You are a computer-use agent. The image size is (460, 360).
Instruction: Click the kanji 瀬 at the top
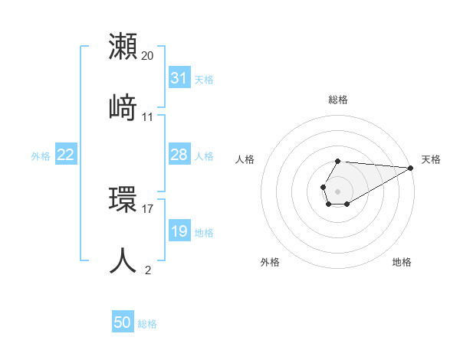click(123, 47)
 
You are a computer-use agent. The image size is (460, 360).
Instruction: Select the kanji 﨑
click(123, 108)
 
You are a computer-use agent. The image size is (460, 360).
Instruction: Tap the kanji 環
click(123, 200)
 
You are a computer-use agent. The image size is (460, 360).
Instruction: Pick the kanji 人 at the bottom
click(123, 260)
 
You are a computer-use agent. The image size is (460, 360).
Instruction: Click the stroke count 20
click(148, 56)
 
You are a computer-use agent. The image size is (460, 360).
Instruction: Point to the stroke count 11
click(148, 117)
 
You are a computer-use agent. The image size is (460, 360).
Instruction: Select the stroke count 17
click(148, 208)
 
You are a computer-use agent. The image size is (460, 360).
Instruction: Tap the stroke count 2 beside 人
click(148, 270)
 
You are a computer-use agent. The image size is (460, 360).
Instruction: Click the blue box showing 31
click(179, 78)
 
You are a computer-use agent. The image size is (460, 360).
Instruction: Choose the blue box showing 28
click(179, 155)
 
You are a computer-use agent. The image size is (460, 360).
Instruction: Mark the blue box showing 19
click(179, 231)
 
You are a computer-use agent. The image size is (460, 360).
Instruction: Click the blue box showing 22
click(66, 155)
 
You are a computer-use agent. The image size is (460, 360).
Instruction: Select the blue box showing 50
click(123, 323)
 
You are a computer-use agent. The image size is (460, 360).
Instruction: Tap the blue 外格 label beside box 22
click(41, 156)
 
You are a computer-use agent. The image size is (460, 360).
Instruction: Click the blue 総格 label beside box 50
click(147, 324)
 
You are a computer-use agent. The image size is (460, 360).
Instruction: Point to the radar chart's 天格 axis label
click(431, 159)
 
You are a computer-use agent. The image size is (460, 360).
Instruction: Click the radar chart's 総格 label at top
click(337, 100)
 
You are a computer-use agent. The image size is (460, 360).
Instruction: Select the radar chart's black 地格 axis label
click(402, 263)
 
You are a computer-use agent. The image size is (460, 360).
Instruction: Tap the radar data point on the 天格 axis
click(410, 169)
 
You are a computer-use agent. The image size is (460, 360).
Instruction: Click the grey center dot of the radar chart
click(337, 190)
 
